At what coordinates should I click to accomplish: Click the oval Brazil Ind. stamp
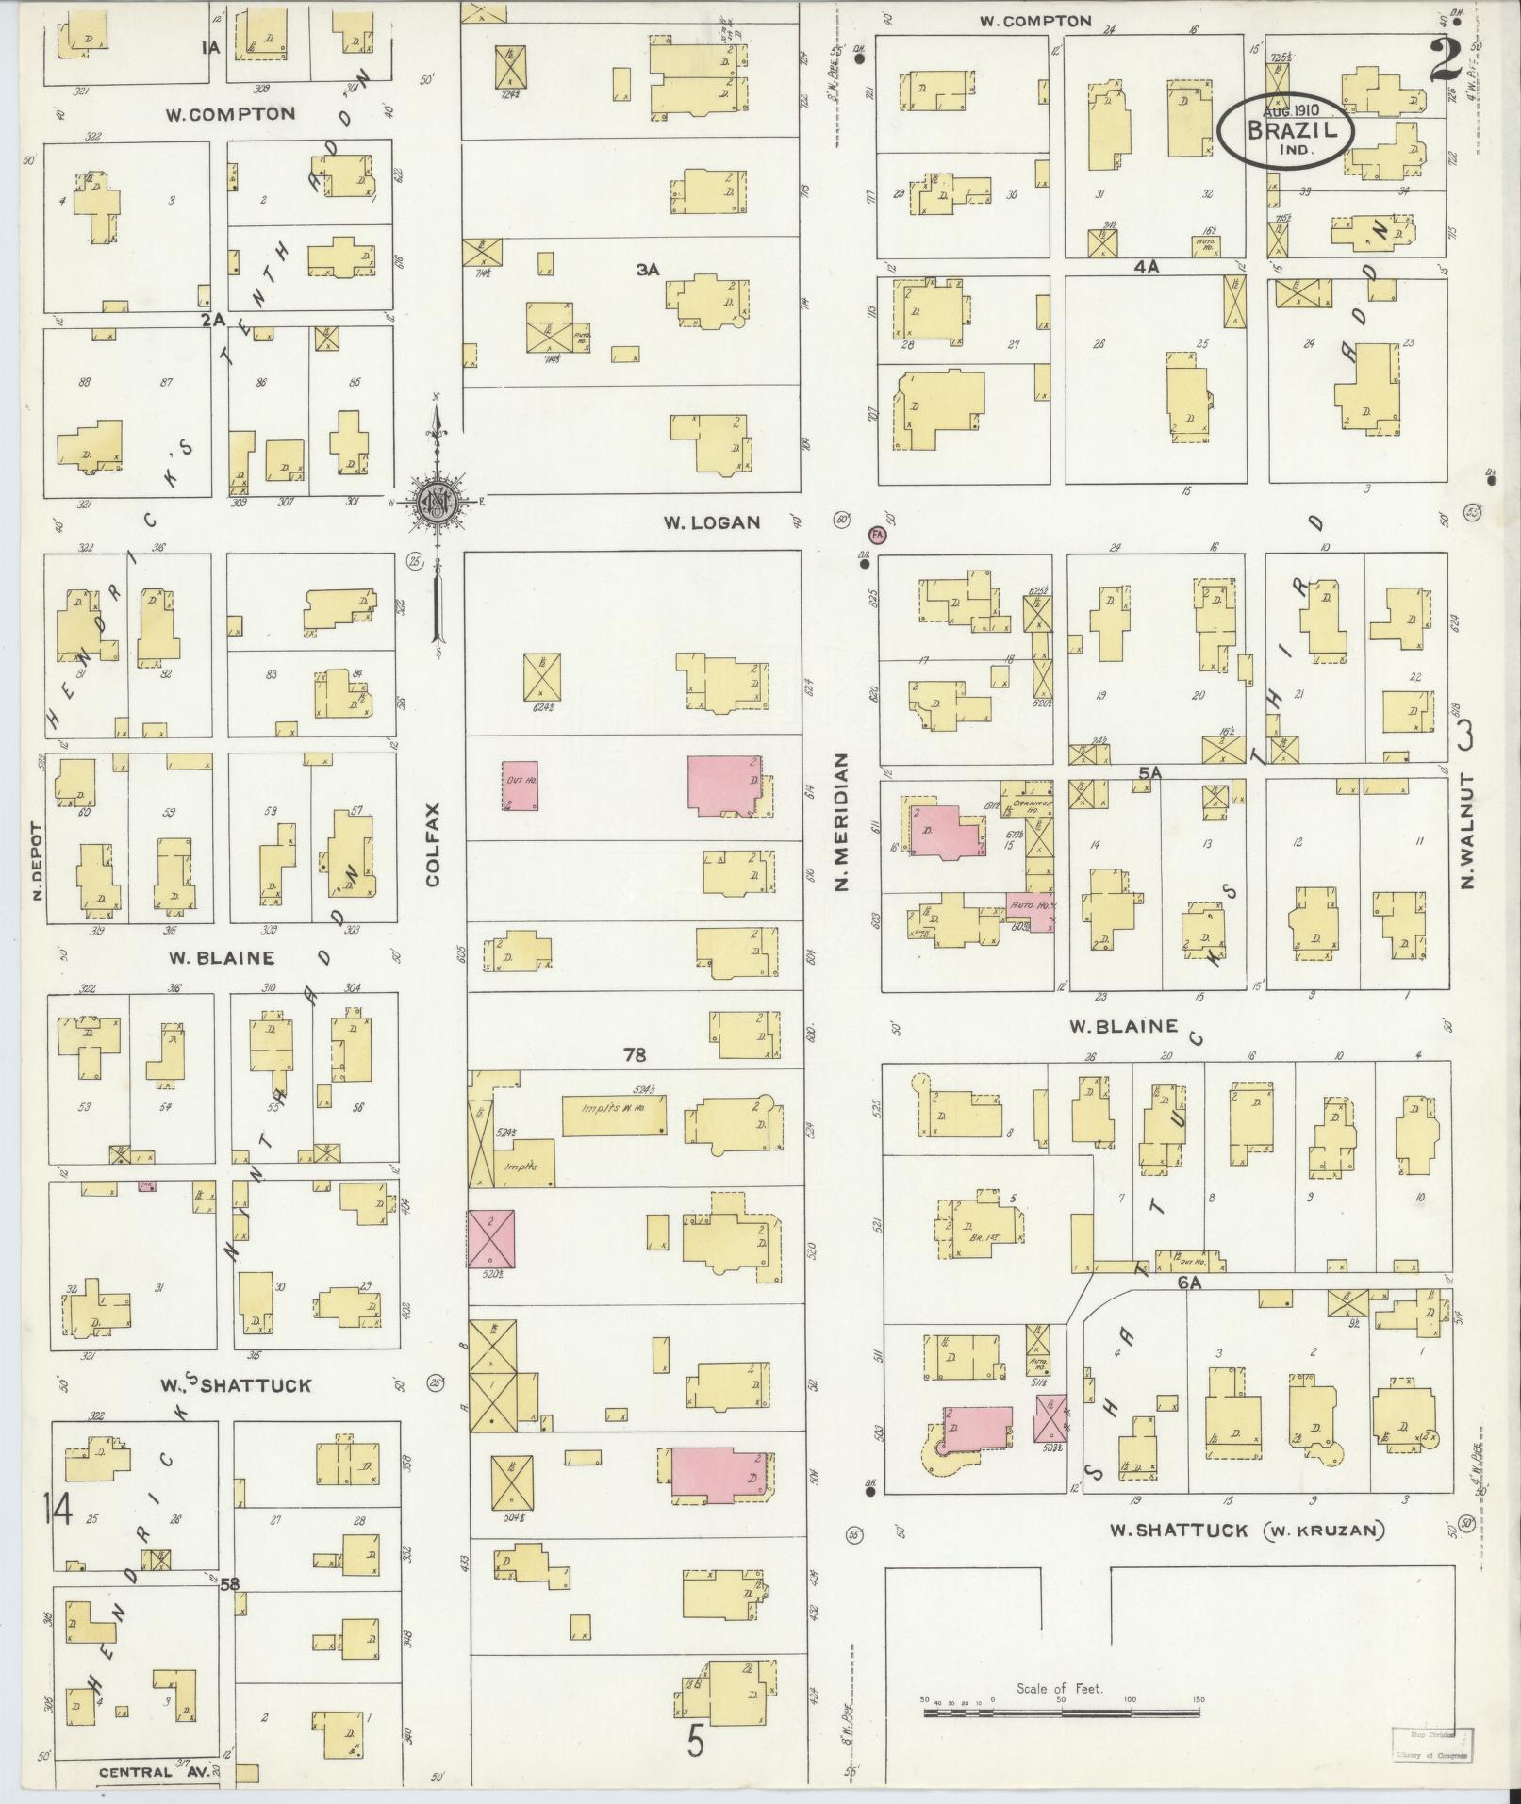(1285, 131)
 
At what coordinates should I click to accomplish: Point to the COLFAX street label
(433, 844)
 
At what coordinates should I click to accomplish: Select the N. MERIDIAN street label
(842, 821)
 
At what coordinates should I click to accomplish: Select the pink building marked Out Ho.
(520, 786)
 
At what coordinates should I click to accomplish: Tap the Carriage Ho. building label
(1025, 803)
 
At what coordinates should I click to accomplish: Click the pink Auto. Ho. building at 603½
(1030, 909)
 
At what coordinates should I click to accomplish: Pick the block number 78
(634, 1053)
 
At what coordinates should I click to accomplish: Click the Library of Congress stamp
(1430, 1744)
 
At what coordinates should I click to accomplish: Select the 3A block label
(647, 269)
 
